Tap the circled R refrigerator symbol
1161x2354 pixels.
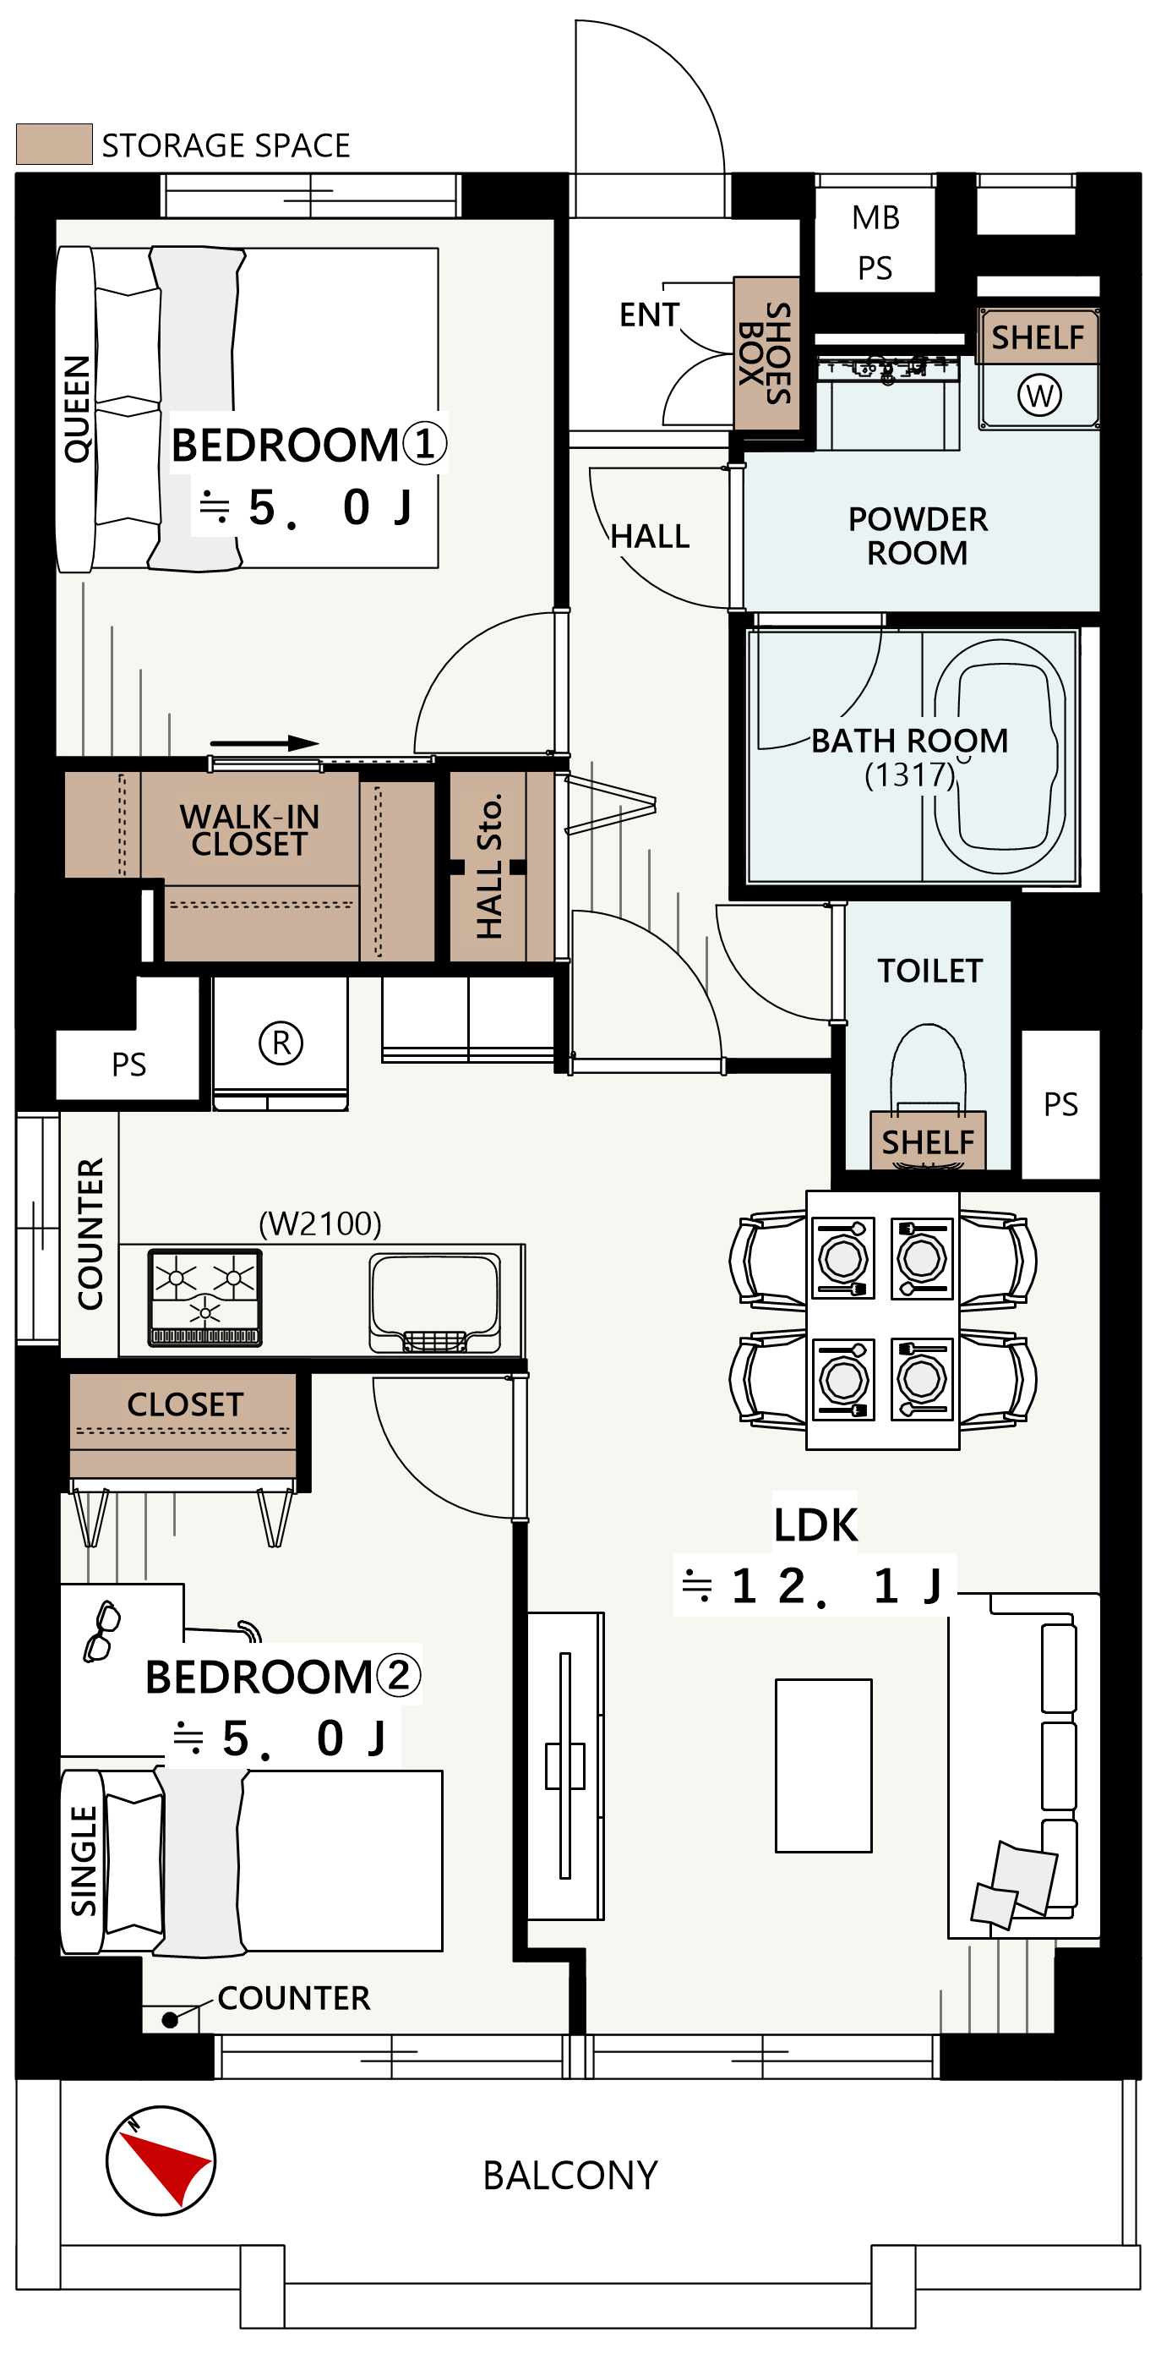(281, 1043)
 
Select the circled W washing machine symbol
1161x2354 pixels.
(1039, 396)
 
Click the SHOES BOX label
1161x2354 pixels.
(766, 353)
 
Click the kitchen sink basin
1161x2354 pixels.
(435, 1302)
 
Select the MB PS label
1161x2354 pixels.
(876, 242)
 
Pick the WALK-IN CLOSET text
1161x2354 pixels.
(249, 829)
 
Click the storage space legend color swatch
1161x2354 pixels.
(55, 145)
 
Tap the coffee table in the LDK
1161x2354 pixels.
(824, 1765)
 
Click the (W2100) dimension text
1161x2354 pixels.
(320, 1224)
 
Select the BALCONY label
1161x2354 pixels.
(571, 2176)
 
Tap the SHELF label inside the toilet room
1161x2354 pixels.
(928, 1142)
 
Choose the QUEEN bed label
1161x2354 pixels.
(77, 408)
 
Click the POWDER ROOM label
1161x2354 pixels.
(918, 535)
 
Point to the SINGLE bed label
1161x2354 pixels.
(83, 1859)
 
